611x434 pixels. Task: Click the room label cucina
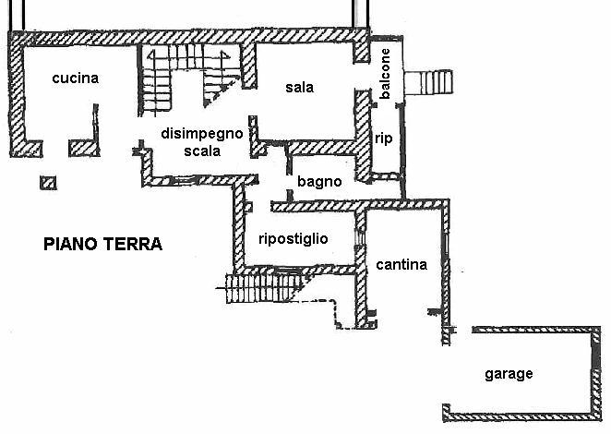[x=75, y=78]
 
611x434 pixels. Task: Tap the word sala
[x=299, y=88]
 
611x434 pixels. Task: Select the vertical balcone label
[x=386, y=75]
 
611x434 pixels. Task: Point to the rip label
[x=385, y=139]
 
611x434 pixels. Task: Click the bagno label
[x=319, y=182]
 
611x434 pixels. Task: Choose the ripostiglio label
[x=294, y=238]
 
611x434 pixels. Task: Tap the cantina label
[x=401, y=265]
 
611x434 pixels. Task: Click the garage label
[x=509, y=374]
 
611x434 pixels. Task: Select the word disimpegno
[x=201, y=134]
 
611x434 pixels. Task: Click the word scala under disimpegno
[x=201, y=151]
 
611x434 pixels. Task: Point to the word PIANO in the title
[x=71, y=245]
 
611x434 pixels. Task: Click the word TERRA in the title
[x=133, y=245]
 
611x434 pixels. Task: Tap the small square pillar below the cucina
[x=49, y=182]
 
